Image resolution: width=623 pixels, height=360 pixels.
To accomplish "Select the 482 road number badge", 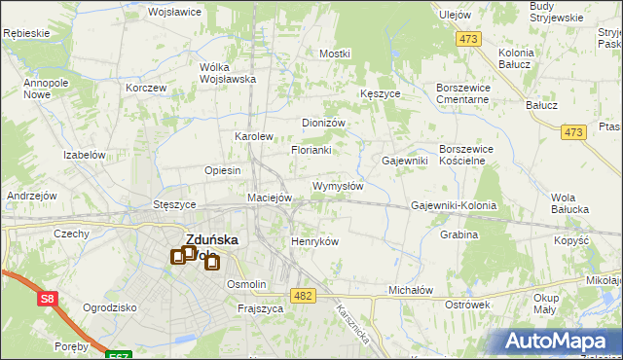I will click(x=304, y=294).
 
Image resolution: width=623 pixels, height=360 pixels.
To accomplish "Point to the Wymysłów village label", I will click(x=338, y=186).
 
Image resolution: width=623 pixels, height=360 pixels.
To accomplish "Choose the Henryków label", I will click(x=314, y=241).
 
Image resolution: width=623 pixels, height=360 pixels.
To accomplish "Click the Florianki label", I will click(x=311, y=151).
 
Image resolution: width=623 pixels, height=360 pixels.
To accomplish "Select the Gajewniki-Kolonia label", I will click(x=454, y=206).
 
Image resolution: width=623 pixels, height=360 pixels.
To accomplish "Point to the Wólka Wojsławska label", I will click(x=227, y=73).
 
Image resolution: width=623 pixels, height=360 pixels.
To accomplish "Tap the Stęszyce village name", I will click(x=175, y=205).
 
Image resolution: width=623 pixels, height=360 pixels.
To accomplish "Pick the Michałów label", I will click(x=410, y=290).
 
